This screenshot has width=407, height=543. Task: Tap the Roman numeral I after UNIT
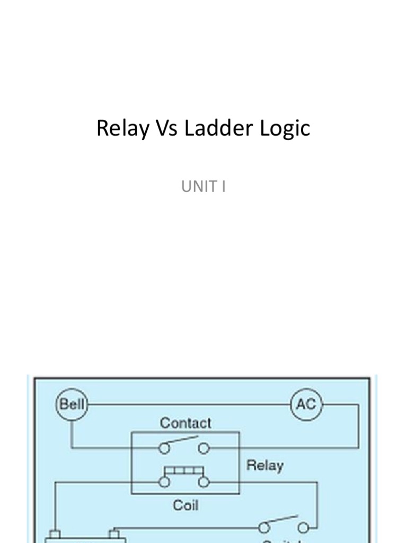click(x=224, y=187)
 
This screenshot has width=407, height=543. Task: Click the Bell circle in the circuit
click(x=72, y=405)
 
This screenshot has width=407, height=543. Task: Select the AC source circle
click(x=306, y=405)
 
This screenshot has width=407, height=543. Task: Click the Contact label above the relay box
click(x=185, y=423)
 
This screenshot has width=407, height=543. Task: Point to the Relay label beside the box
click(x=264, y=466)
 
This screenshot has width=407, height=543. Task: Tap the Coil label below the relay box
click(x=185, y=505)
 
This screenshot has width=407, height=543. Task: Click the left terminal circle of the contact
click(x=165, y=449)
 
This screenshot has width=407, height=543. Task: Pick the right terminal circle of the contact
click(x=203, y=449)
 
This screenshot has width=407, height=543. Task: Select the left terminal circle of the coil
click(x=165, y=482)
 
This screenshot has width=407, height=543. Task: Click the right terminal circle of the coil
click(x=203, y=482)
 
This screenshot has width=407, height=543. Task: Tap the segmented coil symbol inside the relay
click(x=184, y=470)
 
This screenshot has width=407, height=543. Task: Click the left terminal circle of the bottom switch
click(x=264, y=528)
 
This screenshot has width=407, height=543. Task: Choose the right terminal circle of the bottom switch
click(x=303, y=528)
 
